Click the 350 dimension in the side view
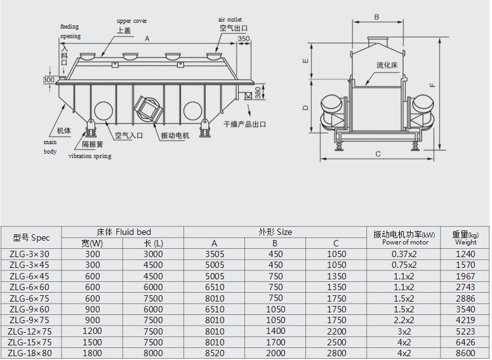coord(244,39)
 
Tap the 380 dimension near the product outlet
coord(258,93)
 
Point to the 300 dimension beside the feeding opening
coord(49,80)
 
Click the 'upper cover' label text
coord(132,21)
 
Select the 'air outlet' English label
coord(230,20)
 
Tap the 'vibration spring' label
coord(90,156)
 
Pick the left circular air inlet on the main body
coord(103,110)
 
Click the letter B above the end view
coord(377,17)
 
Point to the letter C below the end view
coord(378,154)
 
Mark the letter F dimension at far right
coord(433,84)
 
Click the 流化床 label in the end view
coord(387,65)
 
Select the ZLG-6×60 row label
coord(29,287)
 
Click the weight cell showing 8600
coord(465,353)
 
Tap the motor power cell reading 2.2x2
coord(404,320)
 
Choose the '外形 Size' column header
coord(275,232)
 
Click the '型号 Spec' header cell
coord(31,237)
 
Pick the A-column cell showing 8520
coord(215,353)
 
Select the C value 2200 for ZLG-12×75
coord(336,331)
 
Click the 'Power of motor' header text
coord(405,243)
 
